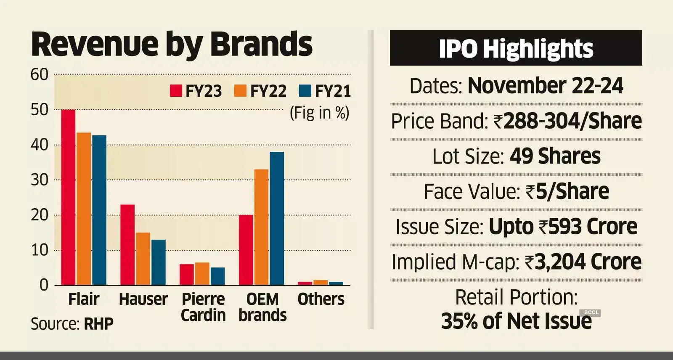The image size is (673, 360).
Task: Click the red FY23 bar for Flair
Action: pyautogui.click(x=69, y=197)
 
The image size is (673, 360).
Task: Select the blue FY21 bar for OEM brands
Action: pyautogui.click(x=277, y=218)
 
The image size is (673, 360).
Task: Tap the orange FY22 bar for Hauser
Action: pyautogui.click(x=143, y=259)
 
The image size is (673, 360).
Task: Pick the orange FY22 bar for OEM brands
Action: pyautogui.click(x=262, y=227)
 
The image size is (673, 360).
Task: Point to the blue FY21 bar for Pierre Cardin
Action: pyautogui.click(x=217, y=276)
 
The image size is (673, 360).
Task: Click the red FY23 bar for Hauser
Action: pyautogui.click(x=127, y=245)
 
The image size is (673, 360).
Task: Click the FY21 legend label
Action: pyautogui.click(x=333, y=91)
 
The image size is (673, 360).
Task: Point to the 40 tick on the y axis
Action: pyautogui.click(x=40, y=145)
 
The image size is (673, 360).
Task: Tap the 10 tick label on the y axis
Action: pyautogui.click(x=40, y=250)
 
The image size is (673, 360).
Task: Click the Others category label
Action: pyautogui.click(x=321, y=299)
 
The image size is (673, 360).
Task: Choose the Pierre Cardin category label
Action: pyautogui.click(x=203, y=307)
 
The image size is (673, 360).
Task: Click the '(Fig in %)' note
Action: pyautogui.click(x=320, y=113)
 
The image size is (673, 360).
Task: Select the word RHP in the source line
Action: pyautogui.click(x=99, y=324)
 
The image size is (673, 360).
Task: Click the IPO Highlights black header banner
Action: pyautogui.click(x=516, y=48)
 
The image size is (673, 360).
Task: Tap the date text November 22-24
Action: pyautogui.click(x=545, y=86)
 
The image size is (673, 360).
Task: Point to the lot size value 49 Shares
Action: pyautogui.click(x=555, y=156)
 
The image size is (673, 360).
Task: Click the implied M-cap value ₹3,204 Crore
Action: pyautogui.click(x=583, y=262)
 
